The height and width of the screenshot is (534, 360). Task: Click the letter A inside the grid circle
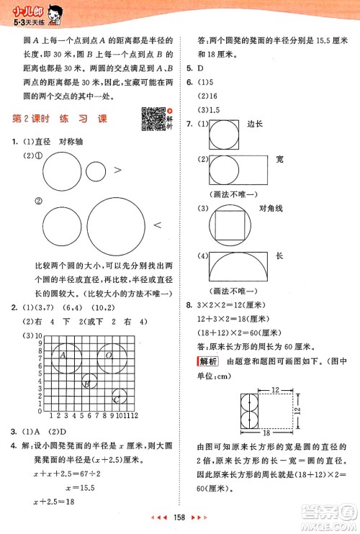63,355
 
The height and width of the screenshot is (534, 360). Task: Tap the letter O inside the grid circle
109,355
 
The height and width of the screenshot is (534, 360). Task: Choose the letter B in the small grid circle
86,384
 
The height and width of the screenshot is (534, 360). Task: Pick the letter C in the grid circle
117,399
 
